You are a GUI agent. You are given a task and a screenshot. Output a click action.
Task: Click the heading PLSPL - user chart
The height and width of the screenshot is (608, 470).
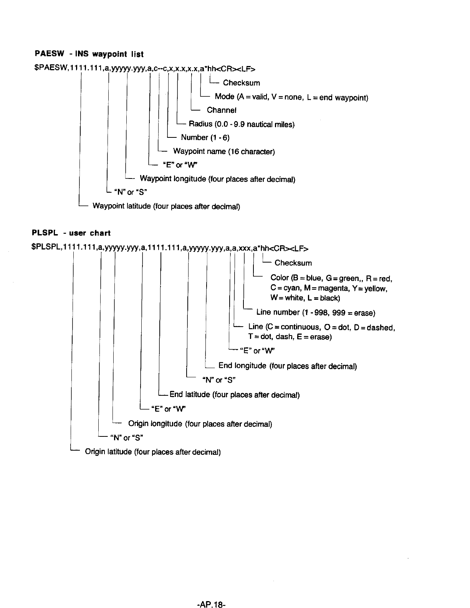click(x=71, y=233)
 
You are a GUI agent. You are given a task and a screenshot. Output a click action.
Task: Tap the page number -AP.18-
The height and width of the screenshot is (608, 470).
click(x=211, y=595)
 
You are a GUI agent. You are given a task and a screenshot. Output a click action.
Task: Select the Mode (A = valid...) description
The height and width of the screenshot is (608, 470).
click(x=291, y=97)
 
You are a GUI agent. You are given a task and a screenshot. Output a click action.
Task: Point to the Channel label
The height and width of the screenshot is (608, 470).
click(x=221, y=110)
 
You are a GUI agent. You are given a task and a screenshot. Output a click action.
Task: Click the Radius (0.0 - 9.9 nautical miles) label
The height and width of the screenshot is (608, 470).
click(x=242, y=124)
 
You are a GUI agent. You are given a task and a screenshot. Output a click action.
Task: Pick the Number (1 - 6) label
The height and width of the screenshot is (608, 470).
click(x=205, y=137)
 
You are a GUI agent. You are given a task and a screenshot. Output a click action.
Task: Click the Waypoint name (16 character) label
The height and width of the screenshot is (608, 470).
click(x=224, y=151)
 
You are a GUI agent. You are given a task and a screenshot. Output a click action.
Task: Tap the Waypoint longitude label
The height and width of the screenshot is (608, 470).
click(x=217, y=179)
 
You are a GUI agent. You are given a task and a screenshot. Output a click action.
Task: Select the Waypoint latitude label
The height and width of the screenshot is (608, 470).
click(x=166, y=206)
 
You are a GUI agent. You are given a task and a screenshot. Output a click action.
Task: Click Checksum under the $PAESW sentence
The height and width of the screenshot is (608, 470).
click(x=241, y=83)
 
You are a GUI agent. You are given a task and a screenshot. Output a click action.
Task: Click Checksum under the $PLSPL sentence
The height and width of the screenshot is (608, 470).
click(x=293, y=263)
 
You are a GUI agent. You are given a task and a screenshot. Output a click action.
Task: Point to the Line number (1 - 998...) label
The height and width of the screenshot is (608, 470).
click(x=316, y=312)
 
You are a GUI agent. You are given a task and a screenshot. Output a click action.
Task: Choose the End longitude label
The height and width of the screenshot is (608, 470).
click(x=288, y=366)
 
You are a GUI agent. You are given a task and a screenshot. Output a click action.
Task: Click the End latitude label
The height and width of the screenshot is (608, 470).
click(x=234, y=395)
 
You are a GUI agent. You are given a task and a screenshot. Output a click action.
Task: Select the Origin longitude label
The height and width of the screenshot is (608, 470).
click(x=200, y=424)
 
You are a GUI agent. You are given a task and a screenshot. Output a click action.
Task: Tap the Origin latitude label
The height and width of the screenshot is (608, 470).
click(x=152, y=452)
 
